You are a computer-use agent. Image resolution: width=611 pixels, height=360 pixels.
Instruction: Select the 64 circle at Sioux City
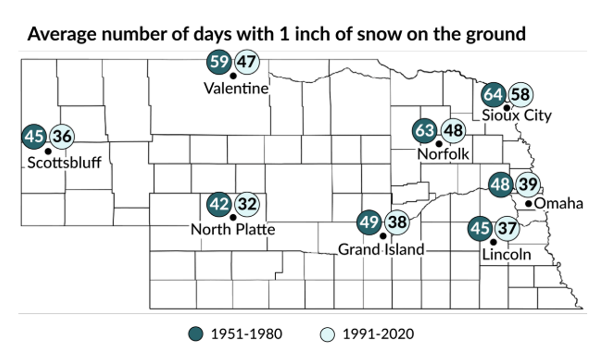[494, 94]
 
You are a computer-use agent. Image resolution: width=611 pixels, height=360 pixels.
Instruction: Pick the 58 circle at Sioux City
[520, 94]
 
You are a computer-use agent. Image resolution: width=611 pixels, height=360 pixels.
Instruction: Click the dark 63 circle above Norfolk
[426, 131]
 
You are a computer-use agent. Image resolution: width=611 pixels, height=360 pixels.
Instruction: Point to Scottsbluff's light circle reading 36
[61, 136]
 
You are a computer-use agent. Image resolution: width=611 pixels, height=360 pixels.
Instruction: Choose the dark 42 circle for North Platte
[219, 204]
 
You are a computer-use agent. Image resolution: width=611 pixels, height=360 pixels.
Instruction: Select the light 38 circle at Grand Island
[397, 223]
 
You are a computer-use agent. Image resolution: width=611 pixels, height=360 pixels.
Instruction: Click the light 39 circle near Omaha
[528, 185]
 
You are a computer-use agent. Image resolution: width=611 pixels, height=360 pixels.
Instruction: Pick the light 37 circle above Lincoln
[506, 229]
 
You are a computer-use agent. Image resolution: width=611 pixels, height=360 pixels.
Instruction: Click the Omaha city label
[559, 203]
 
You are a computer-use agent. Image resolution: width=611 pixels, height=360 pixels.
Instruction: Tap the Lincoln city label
[506, 254]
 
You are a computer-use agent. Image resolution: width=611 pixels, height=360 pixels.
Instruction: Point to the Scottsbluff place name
[64, 163]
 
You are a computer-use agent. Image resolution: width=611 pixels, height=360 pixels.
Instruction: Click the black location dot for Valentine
[233, 75]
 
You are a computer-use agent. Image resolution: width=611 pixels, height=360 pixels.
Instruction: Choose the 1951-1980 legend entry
[236, 334]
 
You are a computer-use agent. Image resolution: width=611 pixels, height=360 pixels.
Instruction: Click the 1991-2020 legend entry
[367, 334]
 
